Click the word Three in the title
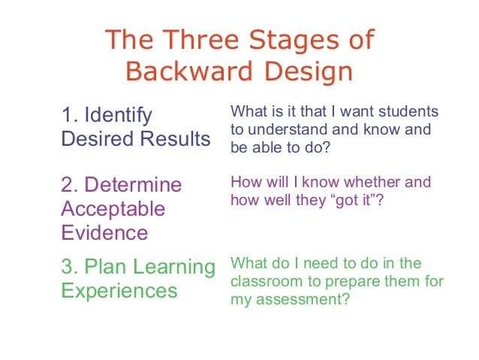point(200,39)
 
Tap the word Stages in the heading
point(294,41)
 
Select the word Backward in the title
point(189,71)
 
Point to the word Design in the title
point(309,73)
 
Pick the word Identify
point(118,116)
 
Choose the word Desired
point(98,138)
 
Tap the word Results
point(176,138)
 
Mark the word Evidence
point(105,232)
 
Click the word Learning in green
point(174,268)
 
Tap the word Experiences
point(119,292)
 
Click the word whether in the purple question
point(372,182)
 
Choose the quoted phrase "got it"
point(353,201)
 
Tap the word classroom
point(267,281)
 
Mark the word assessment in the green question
point(300,300)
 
